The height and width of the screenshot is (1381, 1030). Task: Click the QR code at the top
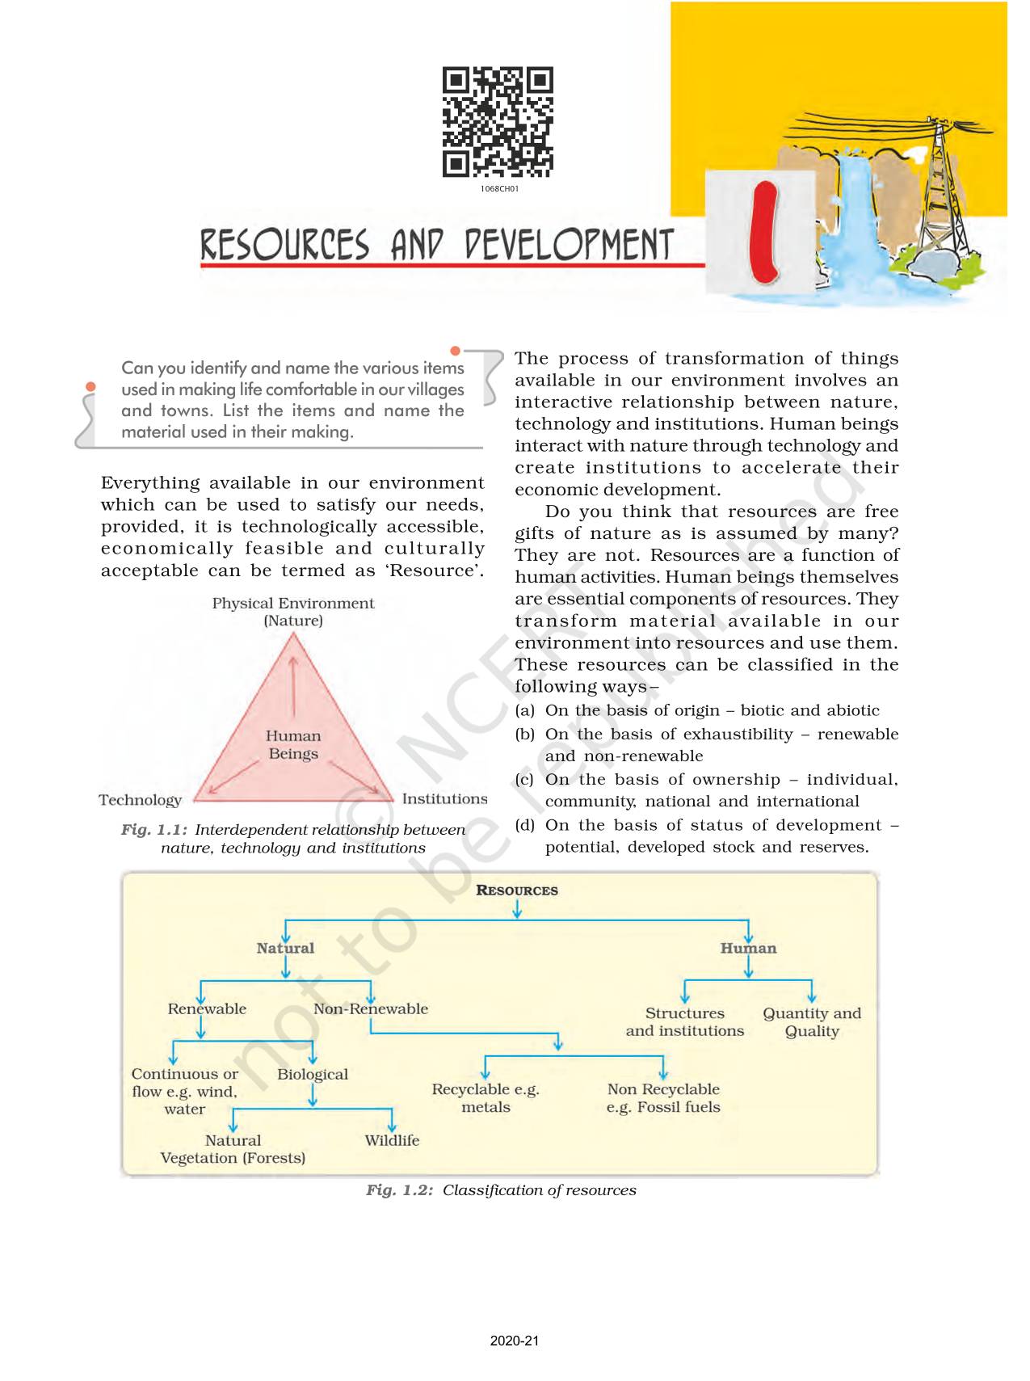click(498, 122)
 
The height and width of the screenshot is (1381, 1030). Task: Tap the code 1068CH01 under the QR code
click(498, 189)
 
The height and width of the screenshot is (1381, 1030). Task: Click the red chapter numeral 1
click(762, 234)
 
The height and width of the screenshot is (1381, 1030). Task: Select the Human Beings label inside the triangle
click(293, 744)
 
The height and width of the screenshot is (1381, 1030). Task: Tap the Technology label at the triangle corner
click(141, 800)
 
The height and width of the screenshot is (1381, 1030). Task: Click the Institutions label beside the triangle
click(444, 799)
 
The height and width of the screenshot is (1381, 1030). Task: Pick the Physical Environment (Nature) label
click(293, 612)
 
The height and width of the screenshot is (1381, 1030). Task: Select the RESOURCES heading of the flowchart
click(517, 890)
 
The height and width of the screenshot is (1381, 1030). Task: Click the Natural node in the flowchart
click(285, 949)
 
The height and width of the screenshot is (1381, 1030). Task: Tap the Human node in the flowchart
click(748, 949)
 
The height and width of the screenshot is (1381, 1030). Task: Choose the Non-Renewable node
click(371, 1008)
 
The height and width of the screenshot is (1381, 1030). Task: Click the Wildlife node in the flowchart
click(392, 1140)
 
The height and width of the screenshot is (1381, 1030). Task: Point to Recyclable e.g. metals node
click(486, 1098)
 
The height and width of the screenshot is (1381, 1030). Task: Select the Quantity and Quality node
click(812, 1022)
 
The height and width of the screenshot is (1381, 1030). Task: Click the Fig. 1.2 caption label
click(400, 1190)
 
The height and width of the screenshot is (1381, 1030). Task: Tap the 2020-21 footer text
click(515, 1341)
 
